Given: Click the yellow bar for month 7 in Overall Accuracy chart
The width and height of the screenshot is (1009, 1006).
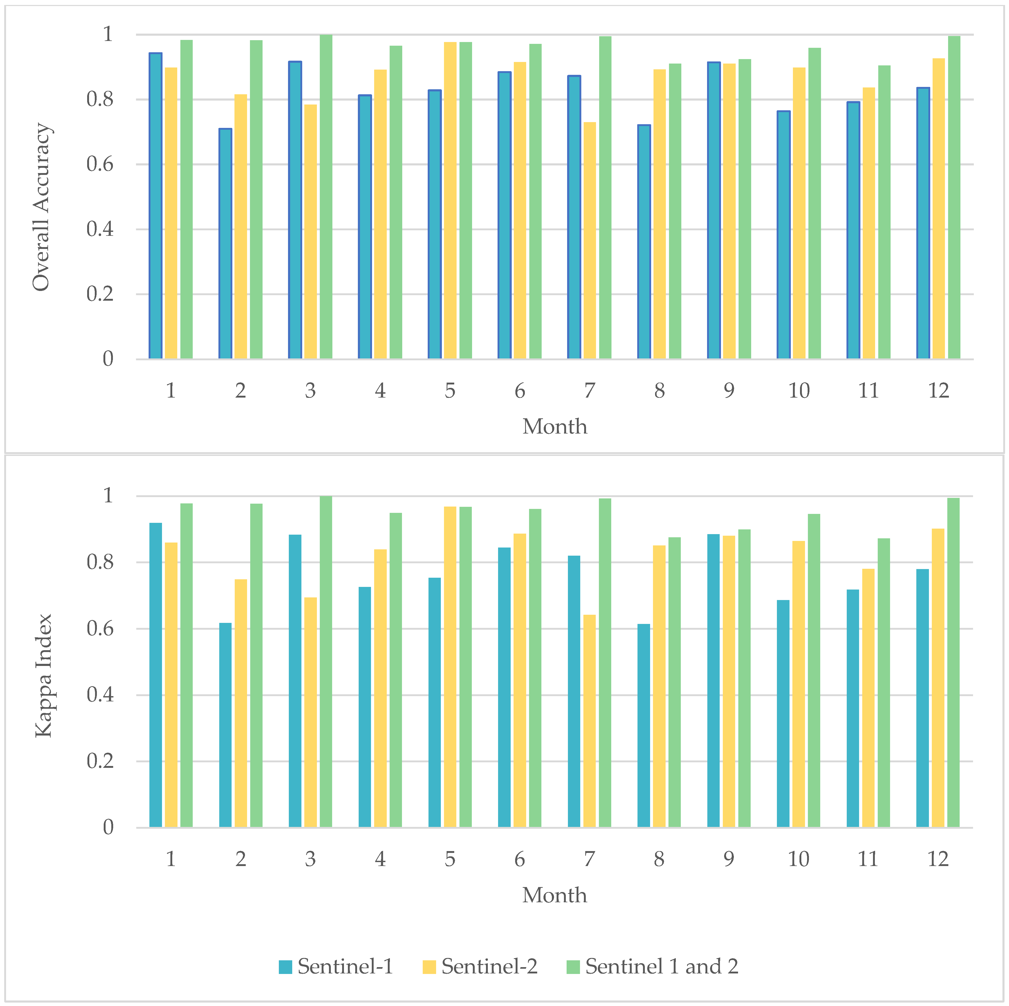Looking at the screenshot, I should [x=590, y=240].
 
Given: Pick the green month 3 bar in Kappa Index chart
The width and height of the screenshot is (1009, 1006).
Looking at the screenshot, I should [x=326, y=661].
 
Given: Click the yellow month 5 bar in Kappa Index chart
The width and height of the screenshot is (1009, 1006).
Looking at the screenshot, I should [x=450, y=666].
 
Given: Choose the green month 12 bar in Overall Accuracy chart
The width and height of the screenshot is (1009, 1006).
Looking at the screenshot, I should [x=954, y=197].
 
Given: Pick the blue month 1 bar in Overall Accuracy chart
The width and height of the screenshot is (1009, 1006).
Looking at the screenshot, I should [x=156, y=206].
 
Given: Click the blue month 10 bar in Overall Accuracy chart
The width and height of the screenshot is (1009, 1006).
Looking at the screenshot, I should [x=783, y=235].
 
